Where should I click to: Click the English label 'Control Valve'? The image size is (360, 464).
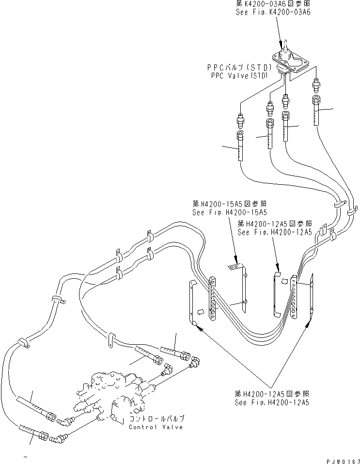156,427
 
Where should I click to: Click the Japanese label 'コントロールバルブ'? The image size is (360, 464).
157,418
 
